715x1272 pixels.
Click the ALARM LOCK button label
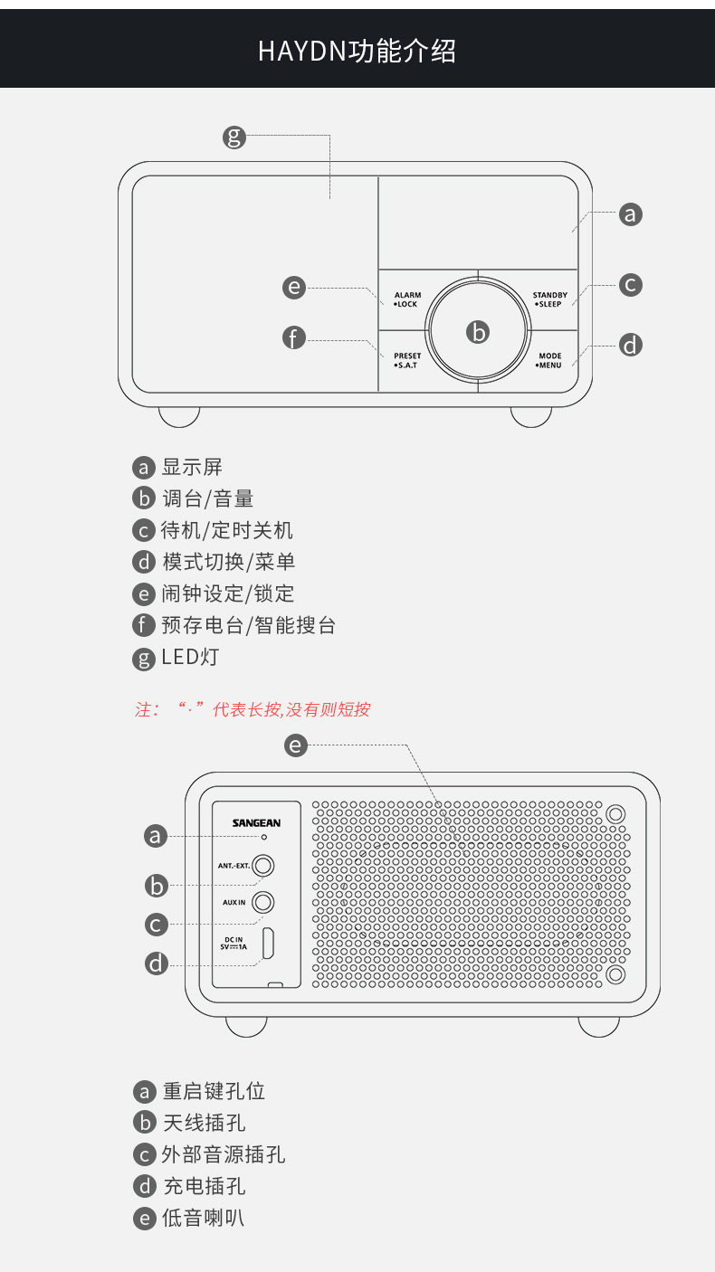tap(407, 299)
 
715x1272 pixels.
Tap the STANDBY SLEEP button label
tap(549, 299)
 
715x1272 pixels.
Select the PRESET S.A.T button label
tap(407, 360)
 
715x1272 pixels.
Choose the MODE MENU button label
tap(549, 360)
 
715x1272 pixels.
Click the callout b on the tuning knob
tap(478, 332)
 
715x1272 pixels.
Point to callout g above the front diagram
tap(234, 138)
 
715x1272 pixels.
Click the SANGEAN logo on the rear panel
tap(256, 822)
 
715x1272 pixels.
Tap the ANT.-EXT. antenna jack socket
tap(263, 866)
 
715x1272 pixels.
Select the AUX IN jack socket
tap(263, 902)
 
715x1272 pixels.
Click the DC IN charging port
tap(269, 944)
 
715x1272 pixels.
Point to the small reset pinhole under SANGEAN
tap(264, 838)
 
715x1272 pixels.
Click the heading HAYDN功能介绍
tap(357, 51)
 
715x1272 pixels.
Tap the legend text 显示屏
tap(192, 468)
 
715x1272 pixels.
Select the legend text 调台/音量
tap(207, 498)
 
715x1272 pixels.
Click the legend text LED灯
tap(190, 657)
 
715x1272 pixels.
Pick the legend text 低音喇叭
tap(203, 1218)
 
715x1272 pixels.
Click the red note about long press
tap(253, 709)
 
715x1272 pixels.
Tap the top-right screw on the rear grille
tap(615, 813)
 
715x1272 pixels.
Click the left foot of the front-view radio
tap(179, 416)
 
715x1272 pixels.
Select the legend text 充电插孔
tap(204, 1186)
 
